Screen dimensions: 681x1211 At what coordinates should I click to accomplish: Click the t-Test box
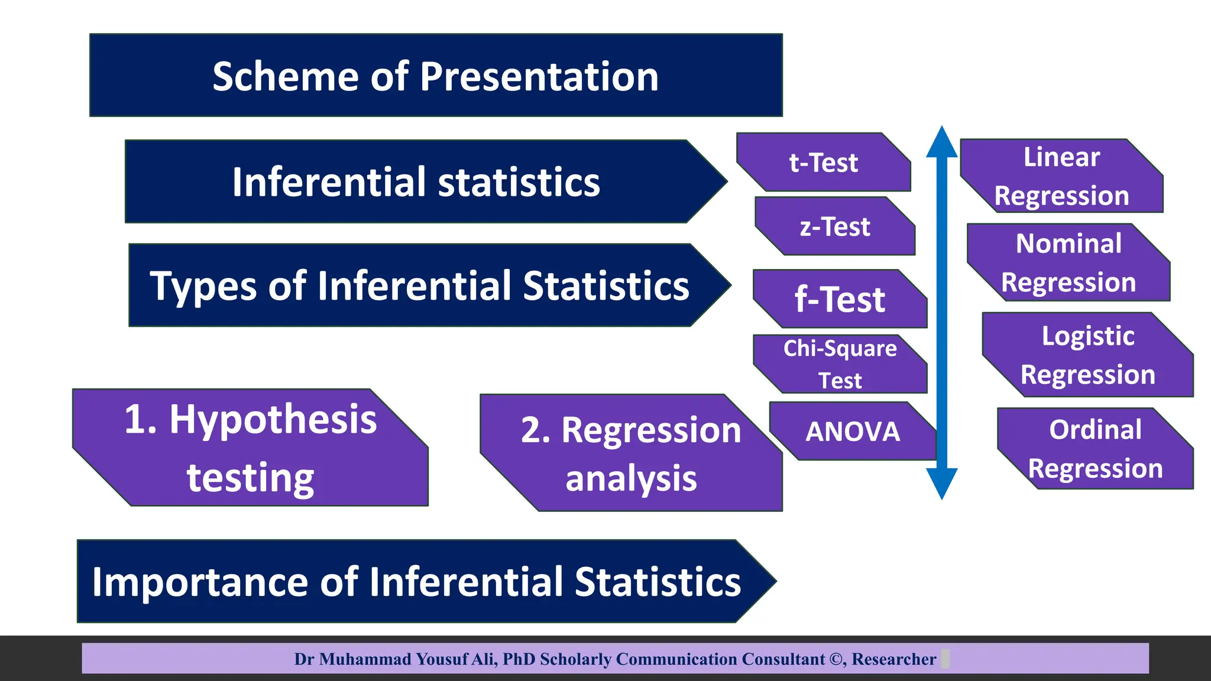coord(824,163)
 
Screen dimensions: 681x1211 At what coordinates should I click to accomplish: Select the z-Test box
coord(835,227)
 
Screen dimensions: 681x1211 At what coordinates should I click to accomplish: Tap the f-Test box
coord(840,299)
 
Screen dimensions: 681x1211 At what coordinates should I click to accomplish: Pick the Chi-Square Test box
coord(840,364)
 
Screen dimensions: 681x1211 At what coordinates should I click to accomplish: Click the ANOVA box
coord(853,432)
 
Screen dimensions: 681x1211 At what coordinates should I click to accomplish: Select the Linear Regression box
coord(1061,176)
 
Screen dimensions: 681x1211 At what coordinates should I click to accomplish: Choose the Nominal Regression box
coord(1068,262)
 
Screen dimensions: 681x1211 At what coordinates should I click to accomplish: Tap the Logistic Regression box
coord(1087,355)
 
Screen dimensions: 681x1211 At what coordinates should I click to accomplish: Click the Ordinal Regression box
coord(1095,449)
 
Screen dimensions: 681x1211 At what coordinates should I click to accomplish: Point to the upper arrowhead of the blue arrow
coord(941,142)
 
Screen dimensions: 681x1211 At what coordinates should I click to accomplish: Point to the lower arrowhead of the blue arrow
coord(941,483)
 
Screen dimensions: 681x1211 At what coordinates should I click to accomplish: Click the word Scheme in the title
coord(286,77)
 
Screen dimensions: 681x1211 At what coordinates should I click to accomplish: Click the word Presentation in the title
coord(539,77)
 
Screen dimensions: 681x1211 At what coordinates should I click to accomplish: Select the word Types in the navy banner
coord(203,286)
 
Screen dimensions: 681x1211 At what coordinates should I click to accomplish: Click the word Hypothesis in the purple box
coord(273,420)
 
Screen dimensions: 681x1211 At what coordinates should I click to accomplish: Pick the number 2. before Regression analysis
coord(535,430)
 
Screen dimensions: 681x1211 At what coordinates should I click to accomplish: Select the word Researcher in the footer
coord(893,659)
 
